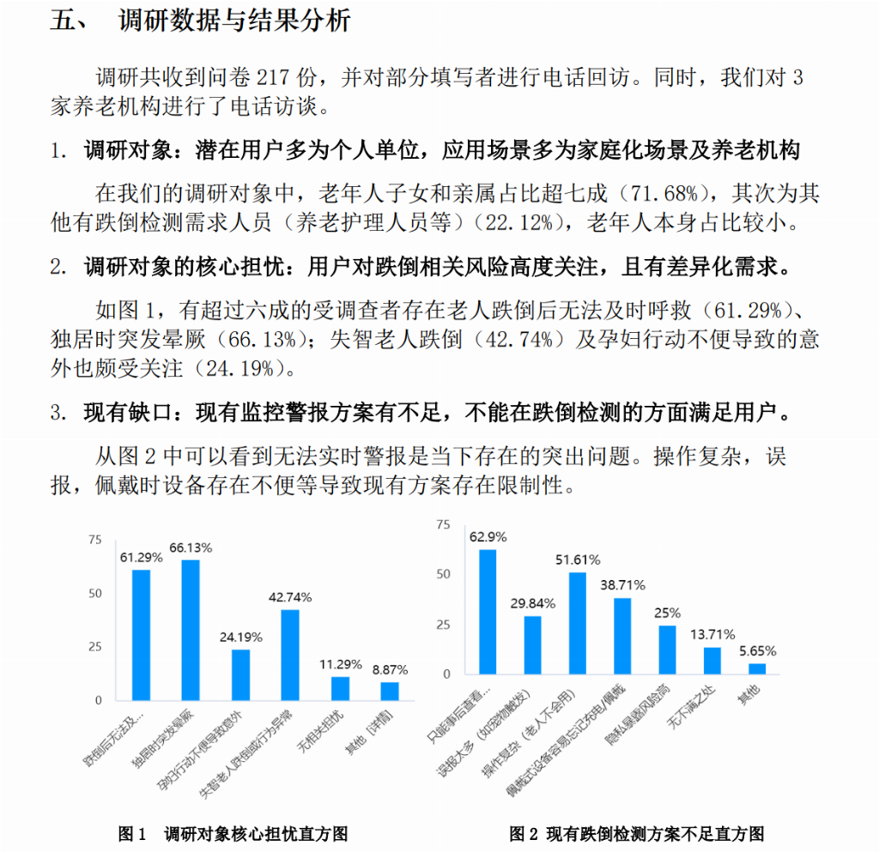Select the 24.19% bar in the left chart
click(x=240, y=674)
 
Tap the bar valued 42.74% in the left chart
click(x=290, y=655)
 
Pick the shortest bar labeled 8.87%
click(x=390, y=691)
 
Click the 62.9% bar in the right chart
click(x=488, y=611)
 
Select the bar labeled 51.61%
click(x=578, y=623)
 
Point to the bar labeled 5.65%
click(x=757, y=668)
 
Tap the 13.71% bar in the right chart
click(x=712, y=660)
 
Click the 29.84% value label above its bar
click(x=532, y=603)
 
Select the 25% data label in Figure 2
click(x=668, y=613)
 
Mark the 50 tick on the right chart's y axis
click(x=443, y=573)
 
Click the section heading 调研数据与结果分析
click(x=233, y=21)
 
